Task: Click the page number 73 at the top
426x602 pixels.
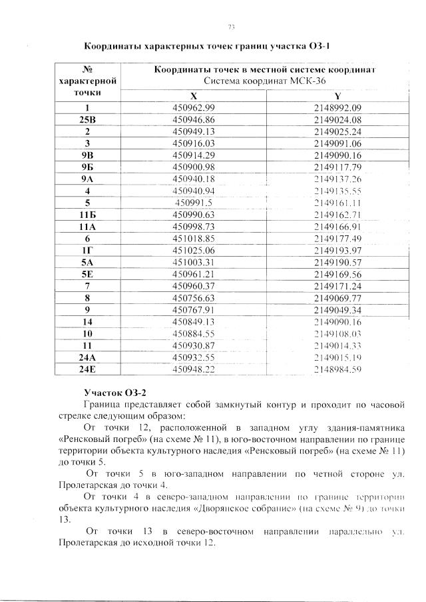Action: [x=232, y=27]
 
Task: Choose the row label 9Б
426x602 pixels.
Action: [x=89, y=167]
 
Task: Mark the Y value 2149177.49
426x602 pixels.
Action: [x=339, y=238]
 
